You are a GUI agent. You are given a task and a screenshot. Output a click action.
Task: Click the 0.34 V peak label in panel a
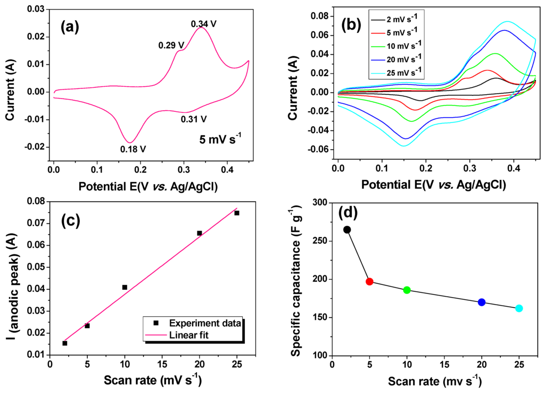[x=205, y=23]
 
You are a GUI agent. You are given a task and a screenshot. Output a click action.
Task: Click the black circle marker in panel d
[x=347, y=230]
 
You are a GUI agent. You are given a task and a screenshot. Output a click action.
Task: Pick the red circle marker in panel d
[x=369, y=281]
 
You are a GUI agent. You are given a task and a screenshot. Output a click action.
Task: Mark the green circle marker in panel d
[x=407, y=290]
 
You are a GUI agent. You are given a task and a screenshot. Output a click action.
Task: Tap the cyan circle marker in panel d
[x=519, y=308]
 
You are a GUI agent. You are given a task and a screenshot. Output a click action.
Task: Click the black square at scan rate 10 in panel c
[x=125, y=287]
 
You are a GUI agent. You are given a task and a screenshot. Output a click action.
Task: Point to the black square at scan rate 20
[x=200, y=233]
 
